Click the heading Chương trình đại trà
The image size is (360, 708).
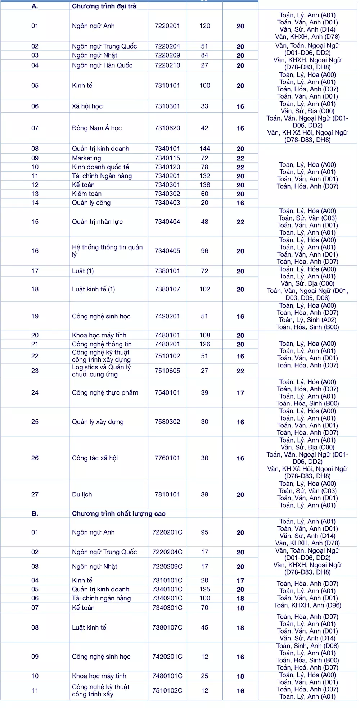[x=104, y=6]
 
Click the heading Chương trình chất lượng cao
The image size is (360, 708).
[x=118, y=513]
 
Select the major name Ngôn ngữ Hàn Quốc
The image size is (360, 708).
[x=102, y=65]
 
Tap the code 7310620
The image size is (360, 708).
[x=167, y=128]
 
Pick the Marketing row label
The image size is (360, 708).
[x=86, y=158]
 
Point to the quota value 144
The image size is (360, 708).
[x=204, y=149]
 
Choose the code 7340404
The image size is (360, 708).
[x=167, y=222]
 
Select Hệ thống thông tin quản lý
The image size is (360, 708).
[x=107, y=250]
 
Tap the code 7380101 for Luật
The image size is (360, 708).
[x=167, y=271]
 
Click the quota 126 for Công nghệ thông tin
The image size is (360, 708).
[x=204, y=344]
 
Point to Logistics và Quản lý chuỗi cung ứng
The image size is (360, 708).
[x=101, y=371]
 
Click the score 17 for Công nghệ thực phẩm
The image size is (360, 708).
[x=240, y=393]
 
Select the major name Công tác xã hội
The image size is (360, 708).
[x=95, y=458]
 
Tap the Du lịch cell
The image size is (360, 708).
[x=82, y=494]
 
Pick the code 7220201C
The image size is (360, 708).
[x=167, y=532]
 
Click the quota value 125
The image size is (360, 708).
[x=204, y=589]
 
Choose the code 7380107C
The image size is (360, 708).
[x=167, y=627]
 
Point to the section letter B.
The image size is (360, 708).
[x=35, y=513]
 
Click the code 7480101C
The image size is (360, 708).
[x=167, y=676]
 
